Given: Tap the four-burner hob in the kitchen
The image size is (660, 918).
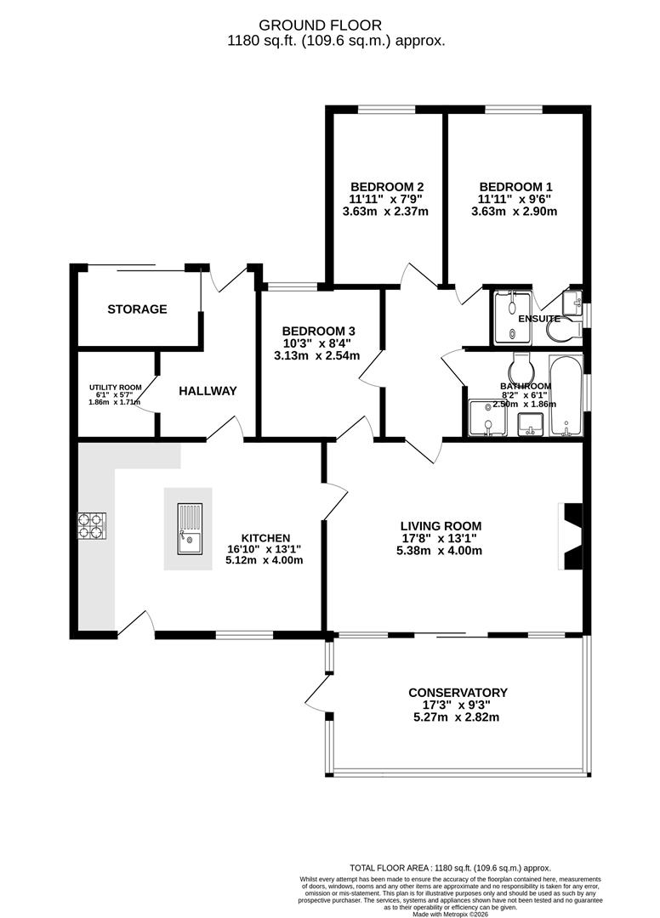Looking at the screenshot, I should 92,526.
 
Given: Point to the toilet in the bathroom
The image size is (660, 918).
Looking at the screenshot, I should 520,368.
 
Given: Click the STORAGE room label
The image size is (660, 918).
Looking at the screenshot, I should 137,309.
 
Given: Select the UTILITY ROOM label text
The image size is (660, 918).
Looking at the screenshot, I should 115,387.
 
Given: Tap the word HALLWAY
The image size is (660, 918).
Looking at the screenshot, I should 208,391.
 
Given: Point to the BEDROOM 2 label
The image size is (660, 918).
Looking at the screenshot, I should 387,187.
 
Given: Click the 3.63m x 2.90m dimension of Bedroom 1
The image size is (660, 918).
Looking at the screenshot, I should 515,212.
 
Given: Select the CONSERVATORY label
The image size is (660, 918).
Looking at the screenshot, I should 457,693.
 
